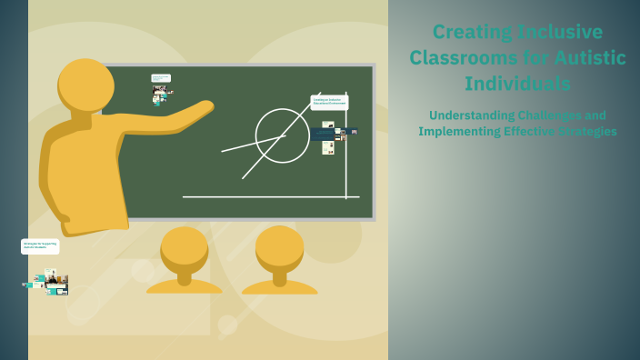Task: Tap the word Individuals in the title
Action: (x=517, y=84)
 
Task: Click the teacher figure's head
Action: (x=85, y=85)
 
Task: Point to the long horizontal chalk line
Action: (x=270, y=196)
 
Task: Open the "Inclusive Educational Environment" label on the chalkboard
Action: (x=329, y=102)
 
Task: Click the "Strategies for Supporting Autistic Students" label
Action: (x=40, y=245)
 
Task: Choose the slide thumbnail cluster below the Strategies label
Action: (x=47, y=282)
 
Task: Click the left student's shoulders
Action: (x=185, y=285)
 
